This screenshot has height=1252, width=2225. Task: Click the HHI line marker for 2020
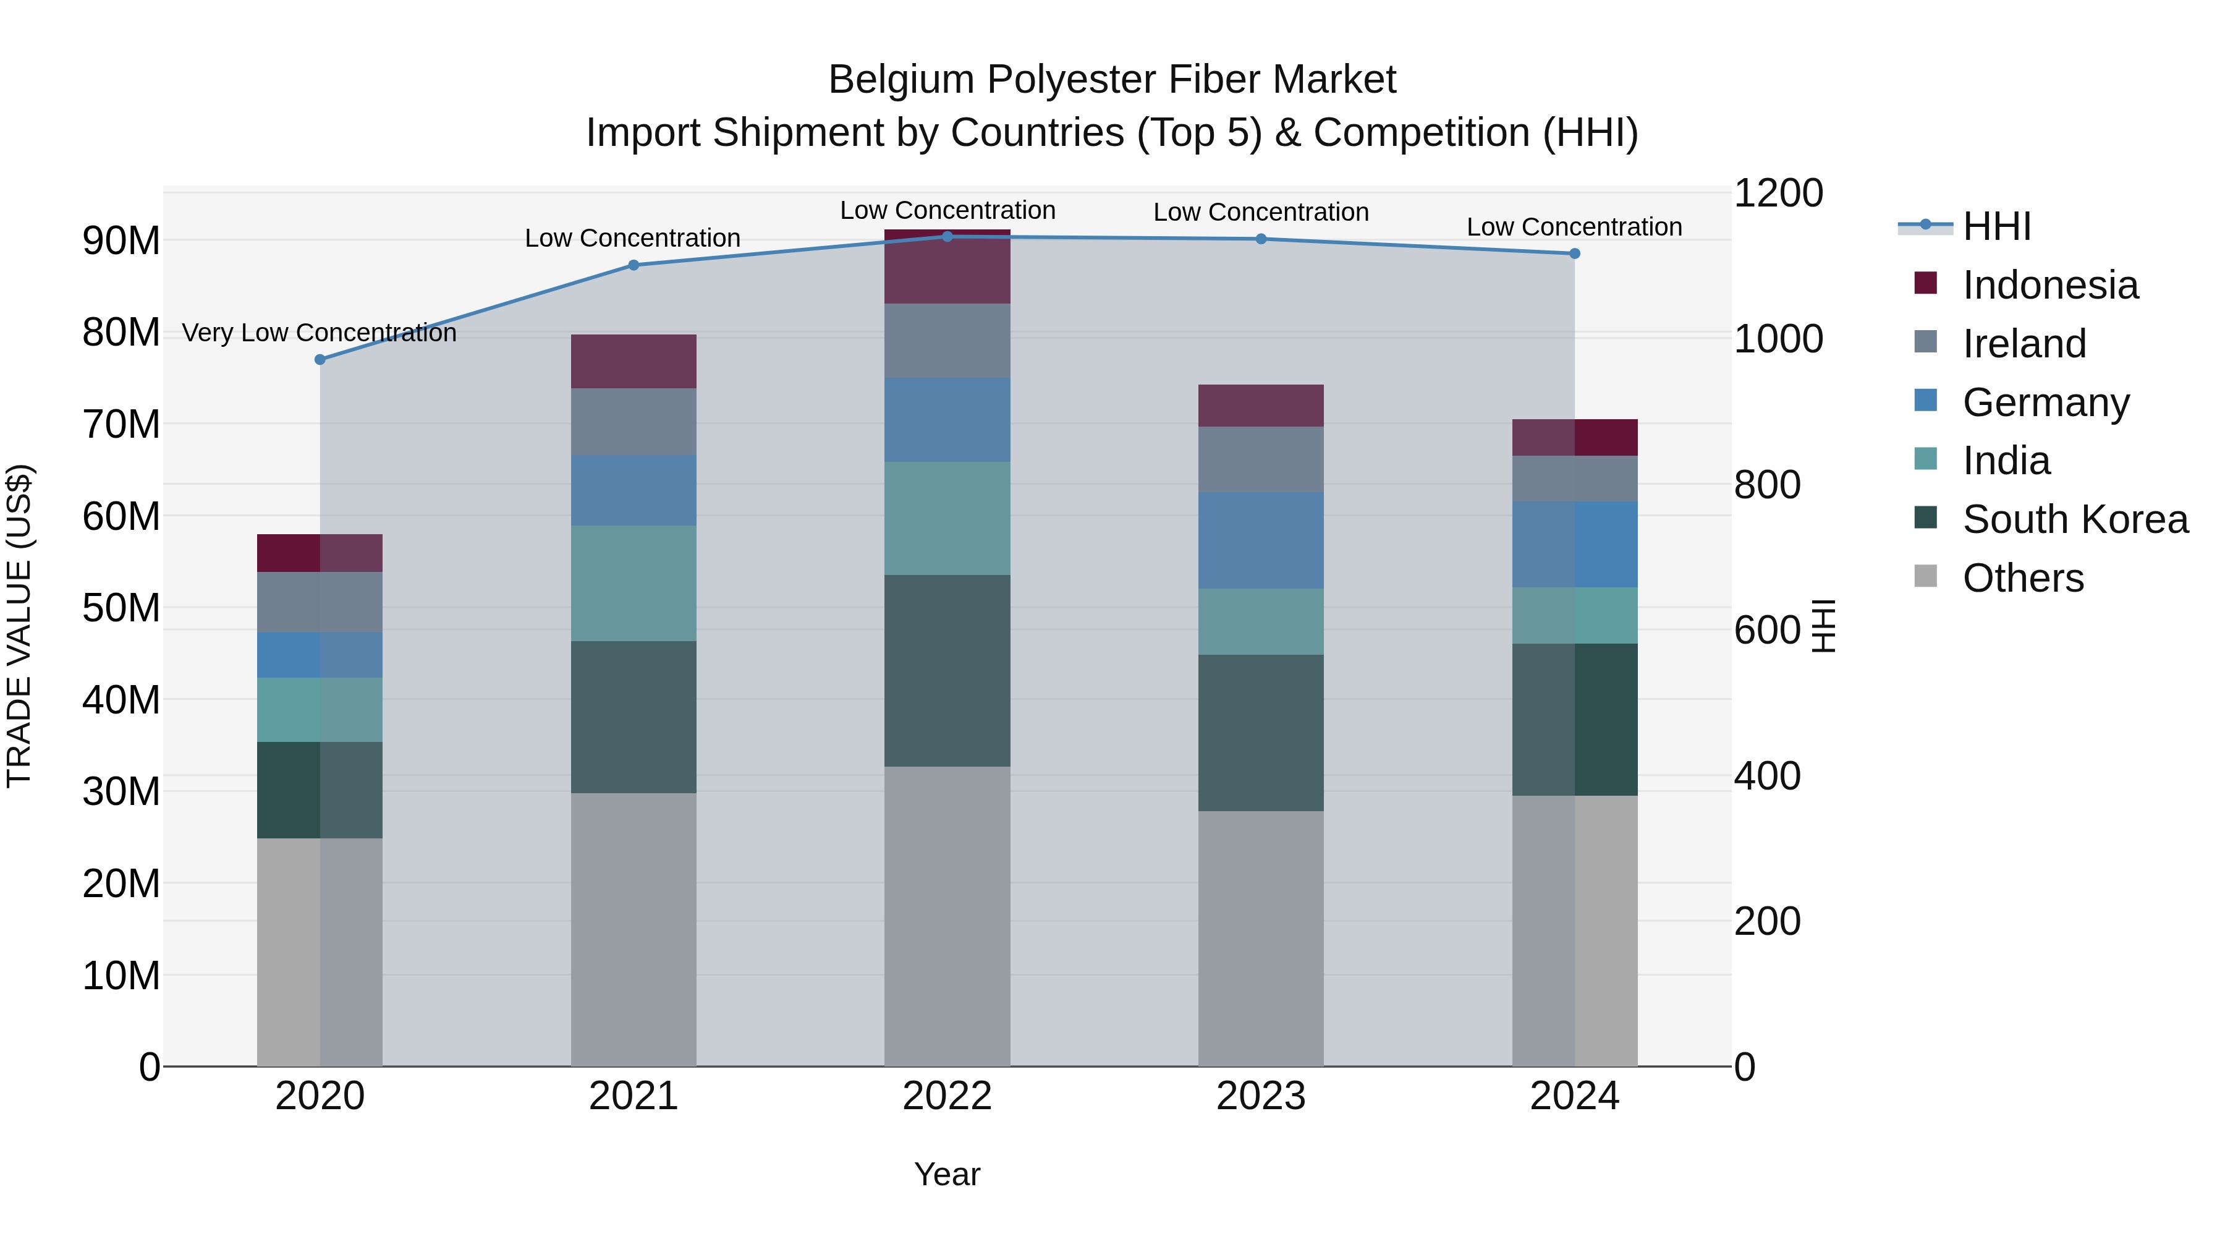[320, 359]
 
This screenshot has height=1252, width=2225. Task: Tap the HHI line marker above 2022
[947, 236]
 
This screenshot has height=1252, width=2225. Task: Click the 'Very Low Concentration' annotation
[319, 333]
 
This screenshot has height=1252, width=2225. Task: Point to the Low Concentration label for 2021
[632, 237]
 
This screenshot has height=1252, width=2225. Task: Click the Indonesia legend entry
[2049, 285]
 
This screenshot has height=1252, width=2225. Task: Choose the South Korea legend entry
[2075, 519]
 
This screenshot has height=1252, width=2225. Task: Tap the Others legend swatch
[1925, 576]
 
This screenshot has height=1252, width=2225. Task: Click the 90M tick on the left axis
[121, 241]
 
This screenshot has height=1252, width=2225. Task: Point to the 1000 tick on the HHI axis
[1778, 339]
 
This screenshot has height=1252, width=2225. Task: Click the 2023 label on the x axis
[1260, 1096]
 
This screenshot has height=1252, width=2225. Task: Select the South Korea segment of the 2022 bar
[947, 670]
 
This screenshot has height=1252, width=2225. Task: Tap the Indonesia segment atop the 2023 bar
[1260, 405]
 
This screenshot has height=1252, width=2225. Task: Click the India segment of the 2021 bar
[633, 583]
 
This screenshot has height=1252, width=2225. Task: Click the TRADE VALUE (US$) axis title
[19, 626]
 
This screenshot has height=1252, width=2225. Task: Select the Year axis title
[947, 1174]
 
